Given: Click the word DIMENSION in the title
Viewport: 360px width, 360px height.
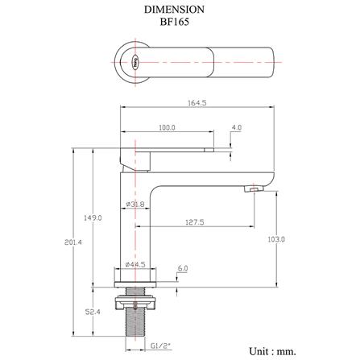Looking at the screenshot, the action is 174,10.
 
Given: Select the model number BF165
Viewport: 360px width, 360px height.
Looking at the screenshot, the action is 175,22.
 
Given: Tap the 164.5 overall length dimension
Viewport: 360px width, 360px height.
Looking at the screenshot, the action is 197,102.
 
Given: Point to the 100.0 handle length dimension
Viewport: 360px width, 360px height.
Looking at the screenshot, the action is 167,127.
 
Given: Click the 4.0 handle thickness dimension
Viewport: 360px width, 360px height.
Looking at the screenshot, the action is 237,127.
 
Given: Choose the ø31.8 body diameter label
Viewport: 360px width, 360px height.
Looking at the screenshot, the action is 135,205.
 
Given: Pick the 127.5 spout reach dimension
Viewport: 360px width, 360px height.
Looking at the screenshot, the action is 195,222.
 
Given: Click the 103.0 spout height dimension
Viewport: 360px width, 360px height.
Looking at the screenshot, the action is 276,239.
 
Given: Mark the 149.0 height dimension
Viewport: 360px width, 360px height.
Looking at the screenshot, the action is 93,217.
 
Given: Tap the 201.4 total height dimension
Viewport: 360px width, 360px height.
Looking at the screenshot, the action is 73,242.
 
